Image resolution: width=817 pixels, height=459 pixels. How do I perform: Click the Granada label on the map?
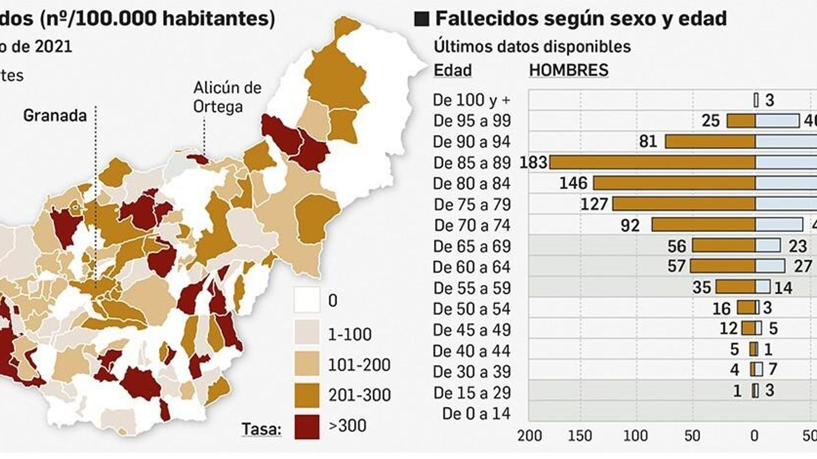point(55,116)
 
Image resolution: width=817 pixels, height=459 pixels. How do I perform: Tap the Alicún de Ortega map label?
point(227,97)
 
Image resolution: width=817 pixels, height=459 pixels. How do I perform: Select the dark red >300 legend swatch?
point(307,426)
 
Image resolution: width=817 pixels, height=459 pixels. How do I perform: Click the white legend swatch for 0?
point(307,300)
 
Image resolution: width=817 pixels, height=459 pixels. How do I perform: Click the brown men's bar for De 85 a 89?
point(652,162)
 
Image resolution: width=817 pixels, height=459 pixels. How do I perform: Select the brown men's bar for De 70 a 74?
point(703,225)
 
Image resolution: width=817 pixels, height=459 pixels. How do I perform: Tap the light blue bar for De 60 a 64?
point(770,266)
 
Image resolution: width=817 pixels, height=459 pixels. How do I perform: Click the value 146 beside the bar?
point(573,183)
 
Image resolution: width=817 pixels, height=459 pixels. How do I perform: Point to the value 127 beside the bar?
point(594,205)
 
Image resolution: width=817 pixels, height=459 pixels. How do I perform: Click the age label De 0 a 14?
point(476,414)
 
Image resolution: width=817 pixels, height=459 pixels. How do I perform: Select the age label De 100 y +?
point(471,100)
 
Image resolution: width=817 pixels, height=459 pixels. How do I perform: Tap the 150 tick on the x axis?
point(581,436)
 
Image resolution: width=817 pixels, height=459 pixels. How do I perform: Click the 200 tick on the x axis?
point(530,436)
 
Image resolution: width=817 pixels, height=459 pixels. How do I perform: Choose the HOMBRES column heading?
point(568,70)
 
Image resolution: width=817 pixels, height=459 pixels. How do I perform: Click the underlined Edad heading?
point(452,70)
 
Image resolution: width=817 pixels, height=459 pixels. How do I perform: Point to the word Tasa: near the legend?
point(261,429)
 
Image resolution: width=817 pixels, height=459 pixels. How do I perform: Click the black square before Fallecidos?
point(422,19)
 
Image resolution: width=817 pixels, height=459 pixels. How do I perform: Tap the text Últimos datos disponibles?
point(532,46)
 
